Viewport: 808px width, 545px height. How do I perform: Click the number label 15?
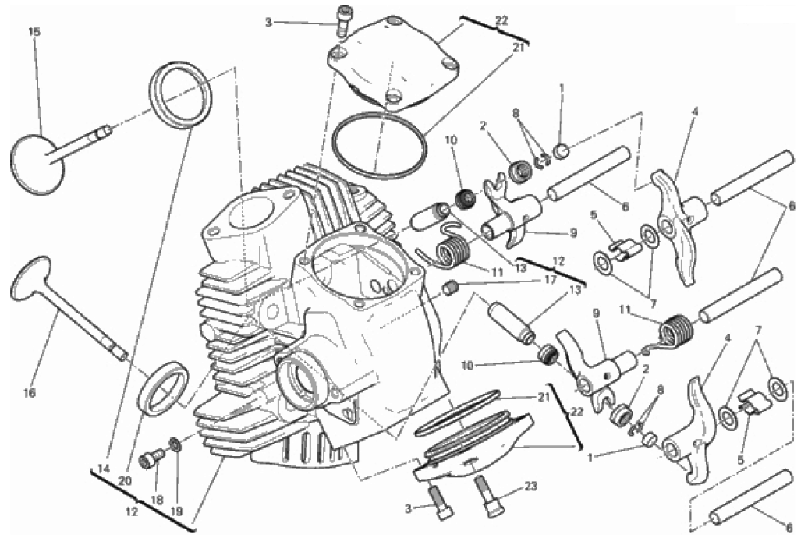click(x=34, y=31)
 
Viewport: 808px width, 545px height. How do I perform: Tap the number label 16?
click(x=30, y=393)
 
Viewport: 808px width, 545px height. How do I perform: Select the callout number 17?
click(x=551, y=280)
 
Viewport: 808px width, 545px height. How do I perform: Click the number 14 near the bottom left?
click(x=104, y=469)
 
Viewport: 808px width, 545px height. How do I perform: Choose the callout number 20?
click(x=125, y=480)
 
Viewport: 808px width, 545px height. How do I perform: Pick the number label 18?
click(x=157, y=499)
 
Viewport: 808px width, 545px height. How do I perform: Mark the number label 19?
click(x=177, y=511)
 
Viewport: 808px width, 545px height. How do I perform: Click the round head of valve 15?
click(x=37, y=165)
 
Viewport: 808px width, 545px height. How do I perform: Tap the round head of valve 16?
click(x=31, y=278)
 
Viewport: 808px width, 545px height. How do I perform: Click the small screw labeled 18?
click(x=151, y=458)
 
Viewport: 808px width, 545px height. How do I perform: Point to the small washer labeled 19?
click(x=175, y=444)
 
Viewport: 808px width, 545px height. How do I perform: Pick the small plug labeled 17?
click(x=451, y=288)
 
